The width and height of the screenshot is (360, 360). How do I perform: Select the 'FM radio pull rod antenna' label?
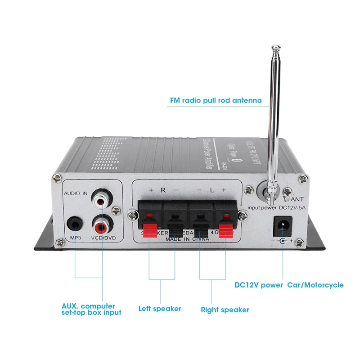pos(215,100)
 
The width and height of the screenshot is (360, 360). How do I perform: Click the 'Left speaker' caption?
pos(160,309)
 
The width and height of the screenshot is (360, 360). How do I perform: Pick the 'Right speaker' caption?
pos(225,310)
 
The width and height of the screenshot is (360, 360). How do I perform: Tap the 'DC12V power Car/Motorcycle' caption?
pos(289,285)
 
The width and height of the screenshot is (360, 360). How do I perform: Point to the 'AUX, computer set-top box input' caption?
pos(91,309)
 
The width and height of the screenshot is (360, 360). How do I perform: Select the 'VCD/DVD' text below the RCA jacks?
pos(103,237)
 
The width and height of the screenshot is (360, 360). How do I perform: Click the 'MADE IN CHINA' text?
pos(186,239)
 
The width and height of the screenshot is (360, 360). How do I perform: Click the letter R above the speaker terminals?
pos(162,190)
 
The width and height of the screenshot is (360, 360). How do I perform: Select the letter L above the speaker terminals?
pos(211,190)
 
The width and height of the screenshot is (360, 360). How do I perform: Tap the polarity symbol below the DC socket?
pos(283,241)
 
